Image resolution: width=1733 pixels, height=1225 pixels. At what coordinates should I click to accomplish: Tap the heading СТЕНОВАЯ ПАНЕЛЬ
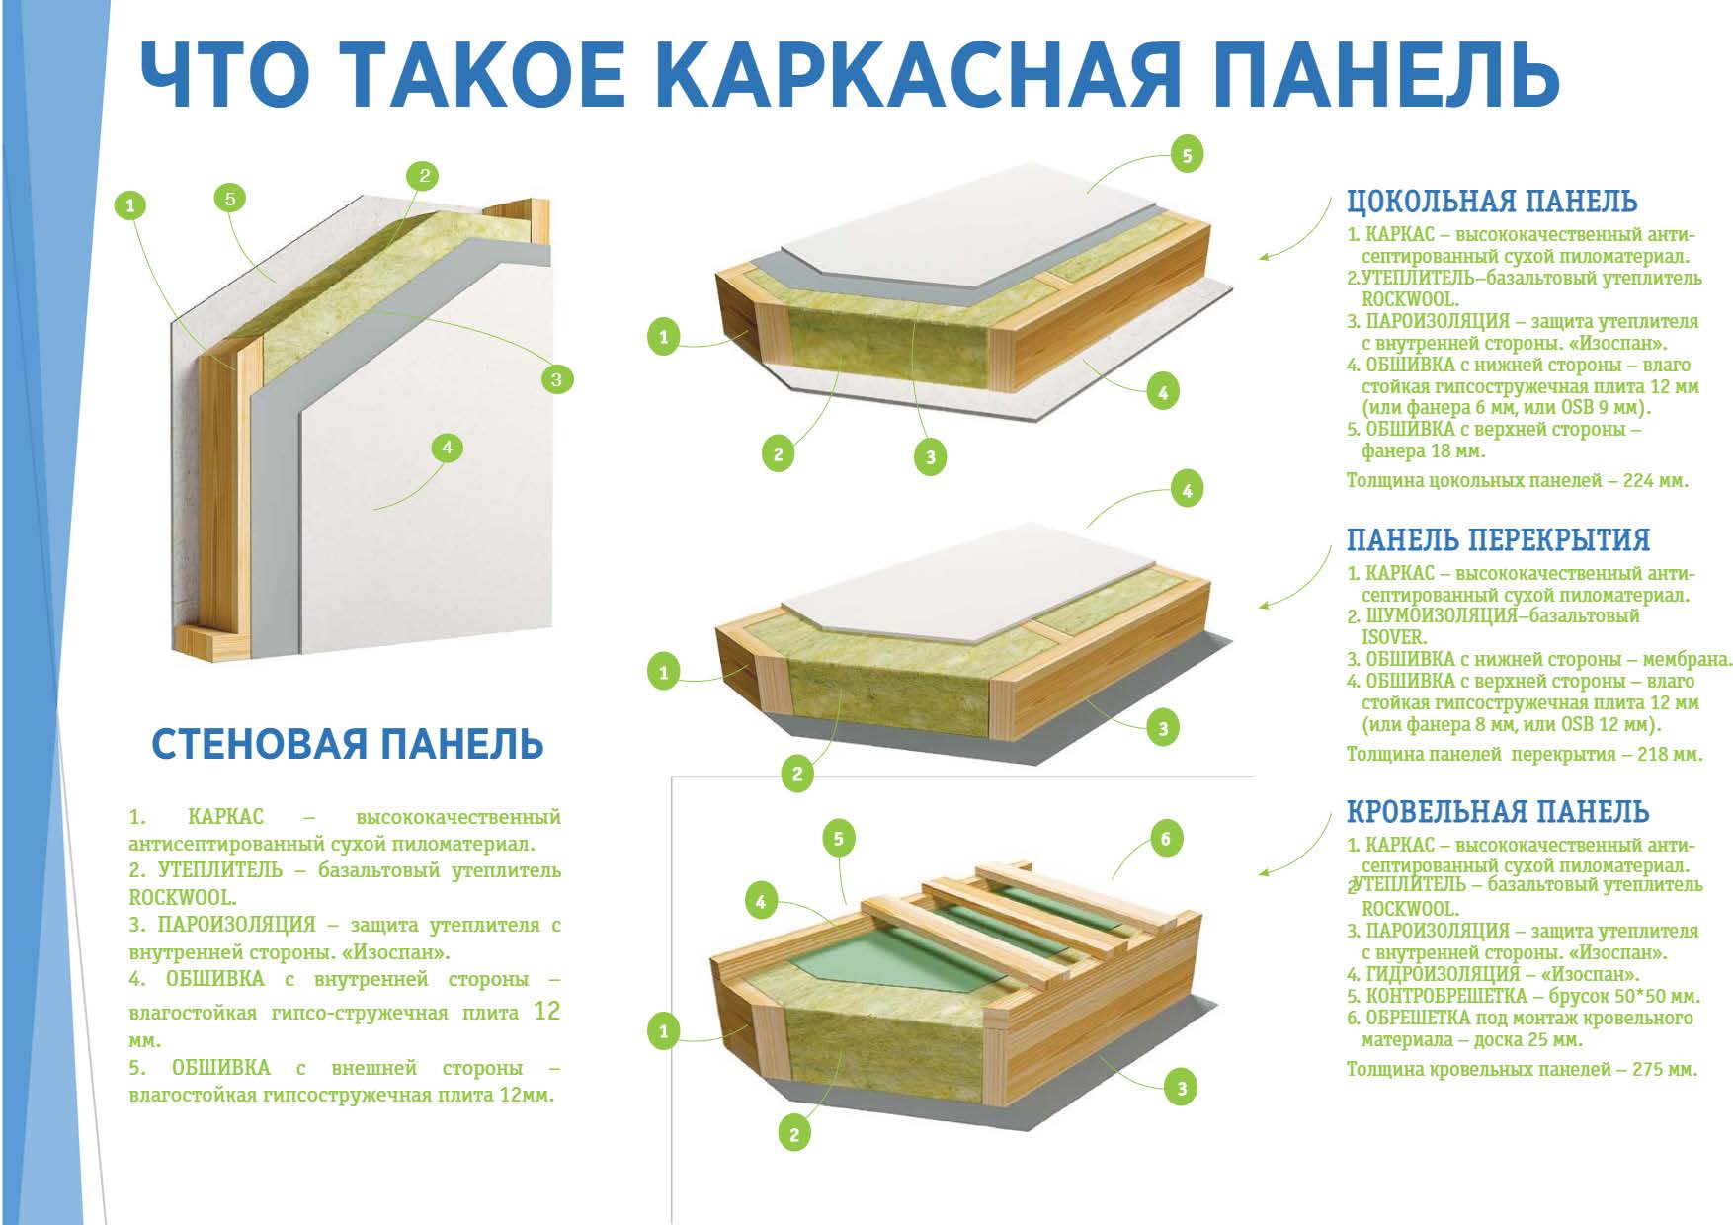pos(348,744)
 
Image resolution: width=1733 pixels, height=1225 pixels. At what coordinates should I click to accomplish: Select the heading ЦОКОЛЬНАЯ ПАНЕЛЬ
pos(1492,202)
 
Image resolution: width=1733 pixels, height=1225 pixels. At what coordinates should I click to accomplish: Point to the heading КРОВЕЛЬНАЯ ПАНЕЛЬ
pos(1498,812)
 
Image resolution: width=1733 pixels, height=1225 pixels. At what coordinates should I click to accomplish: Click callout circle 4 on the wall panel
pos(447,448)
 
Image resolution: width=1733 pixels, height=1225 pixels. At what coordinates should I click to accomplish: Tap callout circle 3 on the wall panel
pos(556,378)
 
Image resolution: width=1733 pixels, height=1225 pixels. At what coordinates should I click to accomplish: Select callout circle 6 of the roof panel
pos(1166,840)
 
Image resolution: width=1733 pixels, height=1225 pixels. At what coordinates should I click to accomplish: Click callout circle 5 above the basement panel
pos(1187,155)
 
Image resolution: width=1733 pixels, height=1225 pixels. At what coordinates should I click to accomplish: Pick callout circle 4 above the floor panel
pos(1187,489)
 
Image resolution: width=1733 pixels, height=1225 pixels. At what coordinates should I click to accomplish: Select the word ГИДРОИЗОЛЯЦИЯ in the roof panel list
pos(1443,974)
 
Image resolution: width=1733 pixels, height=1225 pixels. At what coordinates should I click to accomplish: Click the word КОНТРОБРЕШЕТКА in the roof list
pos(1445,996)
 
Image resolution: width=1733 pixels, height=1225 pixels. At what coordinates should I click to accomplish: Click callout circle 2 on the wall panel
pos(423,176)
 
